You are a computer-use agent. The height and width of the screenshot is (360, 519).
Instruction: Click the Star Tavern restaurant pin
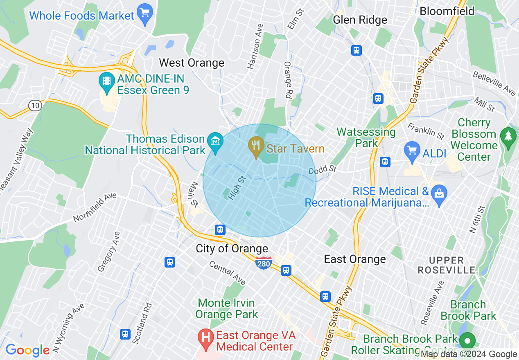(256, 146)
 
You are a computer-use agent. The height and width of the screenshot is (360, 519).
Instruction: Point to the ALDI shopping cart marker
(412, 151)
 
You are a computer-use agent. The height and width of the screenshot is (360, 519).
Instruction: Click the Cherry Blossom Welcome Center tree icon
(508, 135)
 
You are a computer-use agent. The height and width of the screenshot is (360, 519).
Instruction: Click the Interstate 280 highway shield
(263, 263)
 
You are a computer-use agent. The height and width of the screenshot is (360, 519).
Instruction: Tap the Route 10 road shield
(35, 106)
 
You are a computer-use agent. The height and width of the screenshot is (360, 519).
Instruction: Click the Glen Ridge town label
(360, 20)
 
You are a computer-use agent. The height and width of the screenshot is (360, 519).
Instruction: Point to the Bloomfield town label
(447, 11)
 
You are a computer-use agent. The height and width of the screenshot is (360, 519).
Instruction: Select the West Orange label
(192, 63)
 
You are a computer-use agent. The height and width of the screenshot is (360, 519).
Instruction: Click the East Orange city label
(354, 259)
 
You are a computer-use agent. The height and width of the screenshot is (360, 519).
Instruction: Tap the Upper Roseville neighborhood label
(446, 265)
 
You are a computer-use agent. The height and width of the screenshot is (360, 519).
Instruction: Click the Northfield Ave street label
(95, 207)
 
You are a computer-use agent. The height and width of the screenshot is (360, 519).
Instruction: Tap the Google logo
(27, 350)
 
